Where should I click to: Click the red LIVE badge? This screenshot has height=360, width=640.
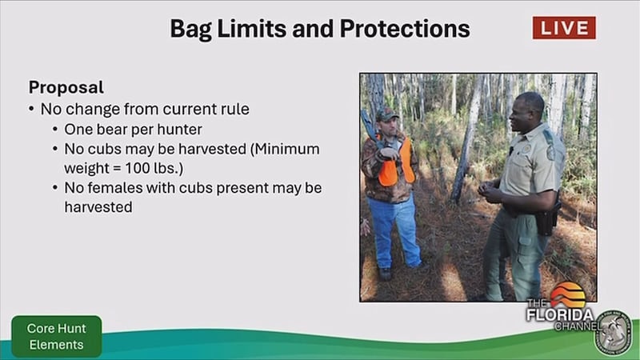pyautogui.click(x=564, y=28)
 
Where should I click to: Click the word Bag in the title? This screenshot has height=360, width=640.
pyautogui.click(x=191, y=30)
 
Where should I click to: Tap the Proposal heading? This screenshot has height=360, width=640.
pyautogui.click(x=66, y=87)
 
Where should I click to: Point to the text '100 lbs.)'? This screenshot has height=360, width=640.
pyautogui.click(x=154, y=168)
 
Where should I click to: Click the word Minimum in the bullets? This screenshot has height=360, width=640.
pyautogui.click(x=285, y=149)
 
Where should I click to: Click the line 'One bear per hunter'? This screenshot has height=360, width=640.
pyautogui.click(x=133, y=130)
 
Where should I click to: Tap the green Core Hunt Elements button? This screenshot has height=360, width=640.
pyautogui.click(x=57, y=336)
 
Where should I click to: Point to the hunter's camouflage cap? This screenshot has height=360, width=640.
pyautogui.click(x=386, y=114)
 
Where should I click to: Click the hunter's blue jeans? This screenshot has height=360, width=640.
pyautogui.click(x=393, y=230)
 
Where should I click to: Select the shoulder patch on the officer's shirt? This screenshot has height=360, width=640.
pyautogui.click(x=551, y=153)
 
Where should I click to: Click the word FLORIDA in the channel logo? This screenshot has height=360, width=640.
pyautogui.click(x=559, y=314)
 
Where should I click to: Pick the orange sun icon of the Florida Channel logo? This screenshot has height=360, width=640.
pyautogui.click(x=568, y=294)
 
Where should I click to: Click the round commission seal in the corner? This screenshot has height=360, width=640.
pyautogui.click(x=613, y=333)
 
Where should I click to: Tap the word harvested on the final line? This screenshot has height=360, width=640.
pyautogui.click(x=98, y=207)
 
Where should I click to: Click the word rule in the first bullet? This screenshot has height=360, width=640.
pyautogui.click(x=235, y=109)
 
